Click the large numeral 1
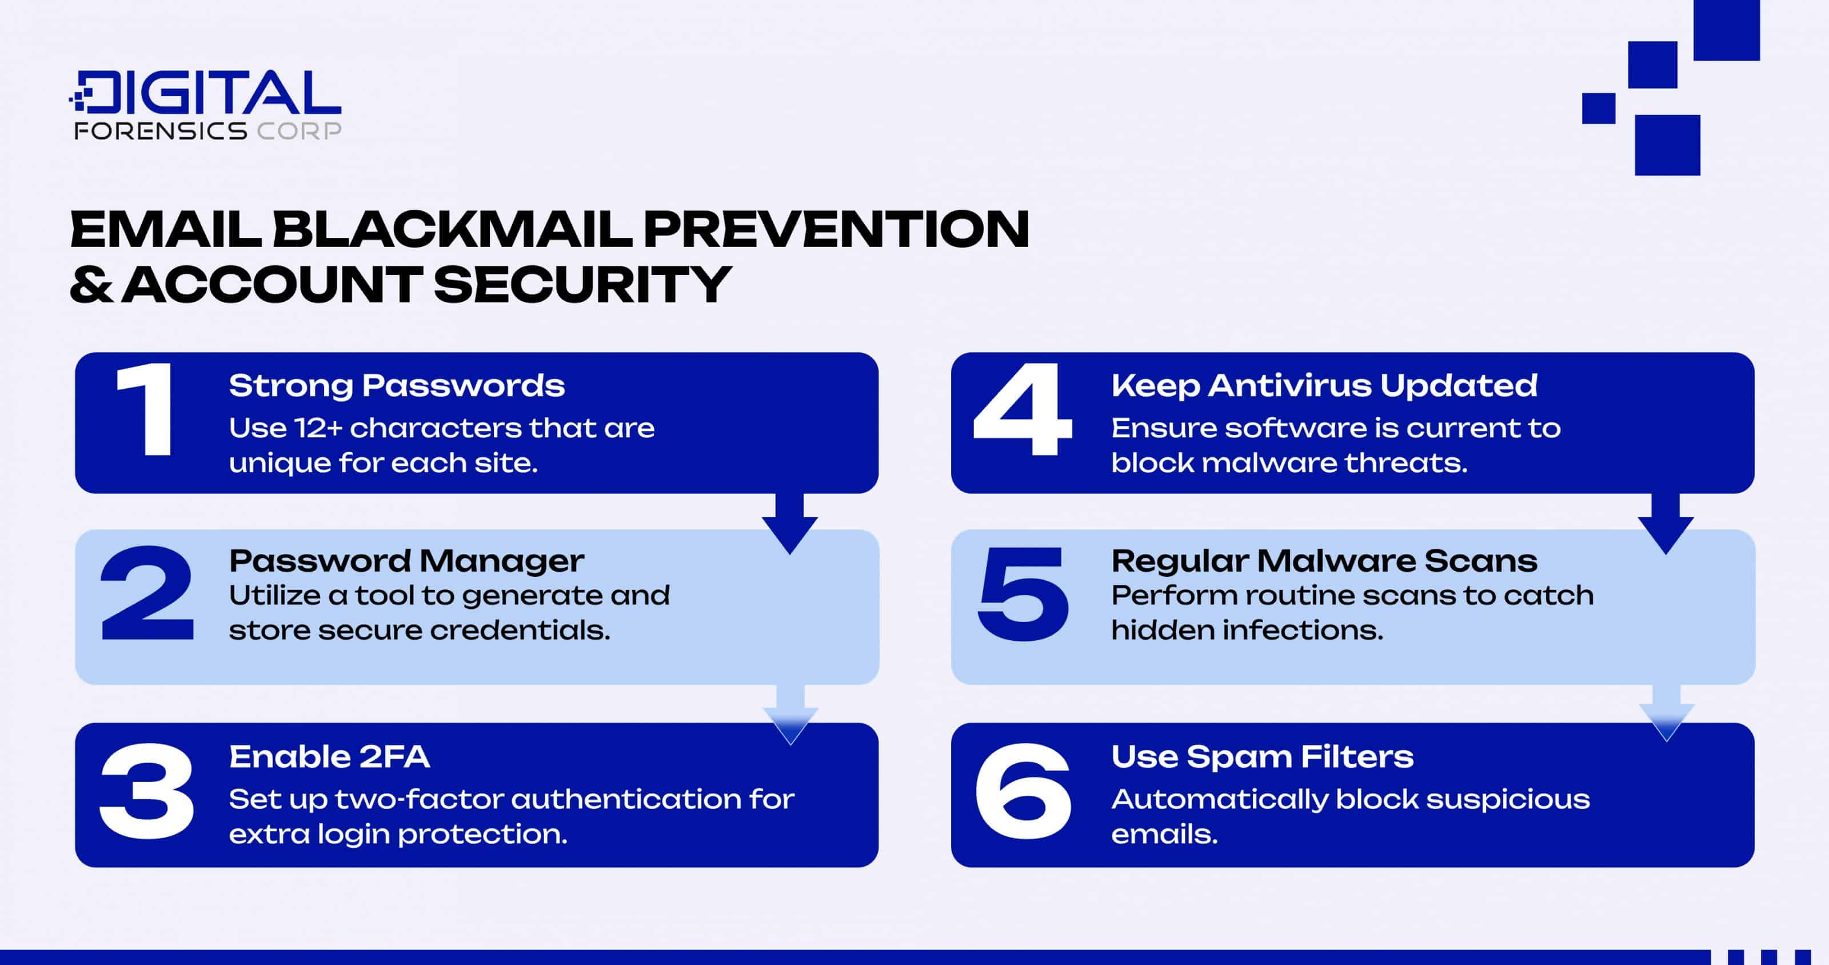(146, 410)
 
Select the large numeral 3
(147, 790)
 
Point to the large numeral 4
(1023, 410)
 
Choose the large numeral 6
(1023, 790)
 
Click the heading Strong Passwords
(396, 385)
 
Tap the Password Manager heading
(406, 561)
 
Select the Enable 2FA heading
(329, 757)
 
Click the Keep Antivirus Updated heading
(1324, 385)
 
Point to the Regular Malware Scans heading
(1324, 561)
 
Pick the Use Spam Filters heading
(1261, 757)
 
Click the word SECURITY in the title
(581, 284)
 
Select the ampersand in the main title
(91, 284)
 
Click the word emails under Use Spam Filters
(1164, 834)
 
